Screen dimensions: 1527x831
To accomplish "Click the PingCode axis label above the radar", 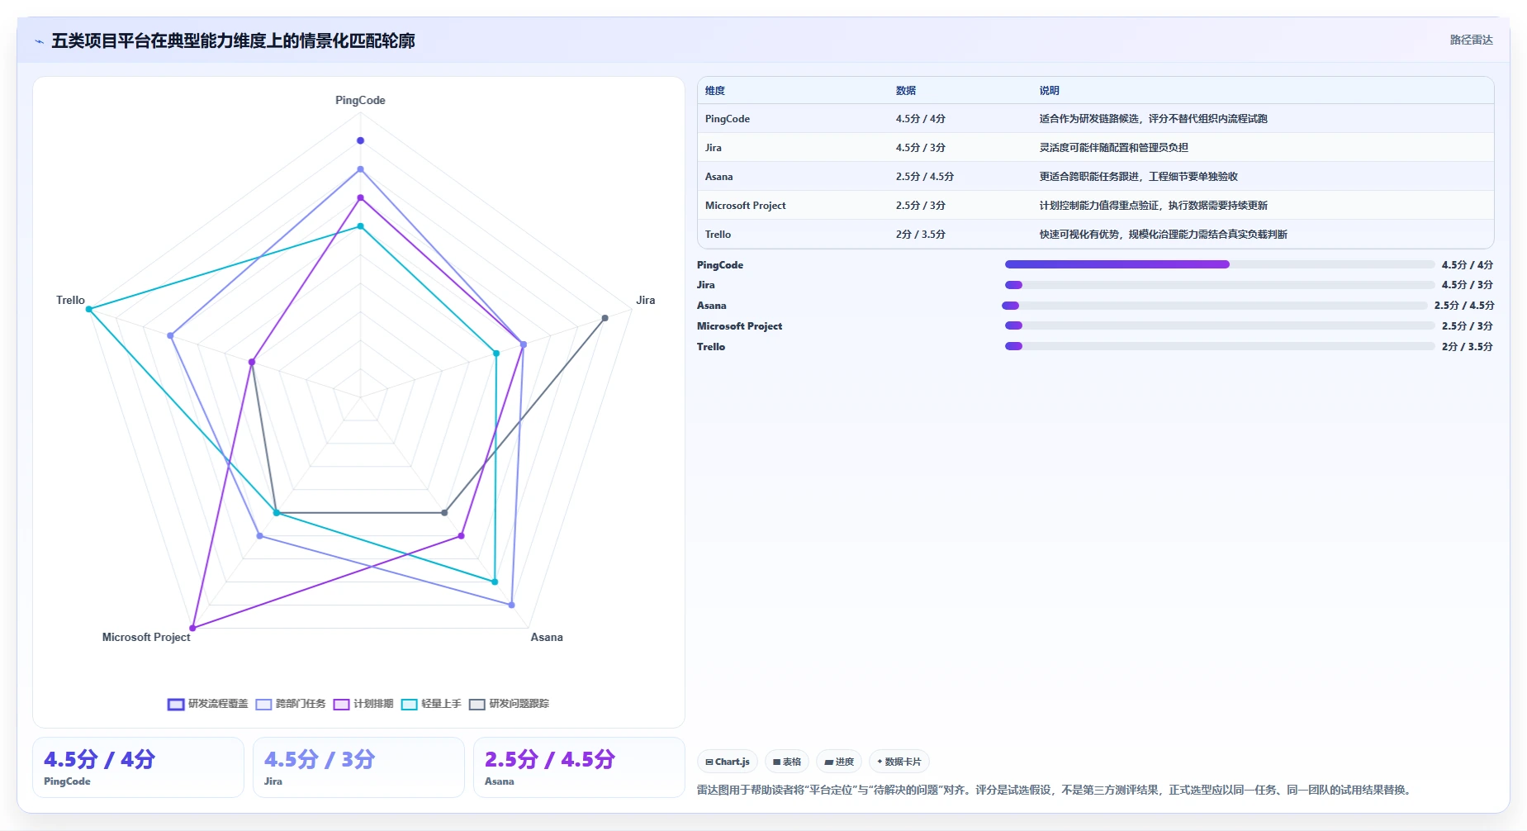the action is click(360, 100).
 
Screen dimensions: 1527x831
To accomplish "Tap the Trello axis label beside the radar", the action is click(70, 300).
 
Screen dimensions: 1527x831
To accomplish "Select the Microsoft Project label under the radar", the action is click(146, 637).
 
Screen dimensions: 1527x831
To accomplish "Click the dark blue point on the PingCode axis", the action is click(360, 140).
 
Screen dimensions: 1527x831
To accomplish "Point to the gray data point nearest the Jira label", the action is click(605, 318).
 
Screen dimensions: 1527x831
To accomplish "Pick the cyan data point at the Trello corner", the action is click(89, 309).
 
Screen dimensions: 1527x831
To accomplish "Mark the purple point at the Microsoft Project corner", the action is click(193, 628).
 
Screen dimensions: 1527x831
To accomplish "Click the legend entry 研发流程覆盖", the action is click(208, 704).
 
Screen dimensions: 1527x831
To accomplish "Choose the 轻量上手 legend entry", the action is click(431, 704).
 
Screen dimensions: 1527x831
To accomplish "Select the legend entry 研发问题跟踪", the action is click(510, 704).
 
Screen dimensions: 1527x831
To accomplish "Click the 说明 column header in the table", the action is click(1049, 91).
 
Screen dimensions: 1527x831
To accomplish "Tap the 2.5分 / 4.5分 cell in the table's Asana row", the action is click(925, 177).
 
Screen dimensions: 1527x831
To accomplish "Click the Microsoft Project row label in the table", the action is click(745, 206).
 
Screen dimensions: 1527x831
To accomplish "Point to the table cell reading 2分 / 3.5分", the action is click(921, 235).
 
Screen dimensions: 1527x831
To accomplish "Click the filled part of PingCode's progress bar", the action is click(1117, 264).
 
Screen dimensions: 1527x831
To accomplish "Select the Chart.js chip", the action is click(728, 762).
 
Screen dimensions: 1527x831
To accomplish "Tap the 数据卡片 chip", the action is click(899, 762).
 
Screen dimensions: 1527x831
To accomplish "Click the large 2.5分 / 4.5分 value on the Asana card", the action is click(550, 759).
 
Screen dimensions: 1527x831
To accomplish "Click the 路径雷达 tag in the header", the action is click(1472, 40).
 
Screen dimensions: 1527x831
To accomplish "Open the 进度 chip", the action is click(839, 762).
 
